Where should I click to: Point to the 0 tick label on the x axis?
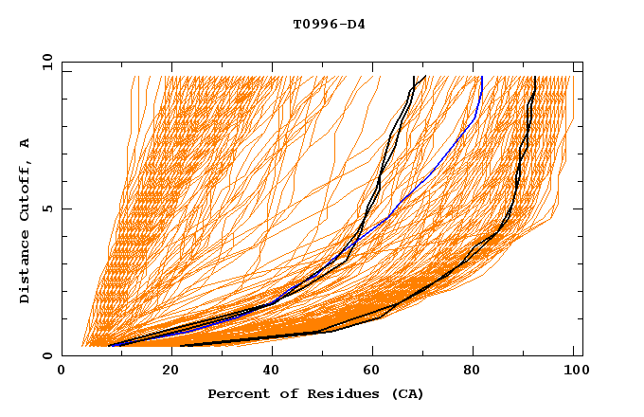[x=62, y=372]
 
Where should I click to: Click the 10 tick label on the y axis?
[x=45, y=62]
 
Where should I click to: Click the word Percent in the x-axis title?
[x=237, y=394]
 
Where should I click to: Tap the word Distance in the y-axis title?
[x=26, y=265]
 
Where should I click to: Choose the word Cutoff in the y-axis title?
[x=26, y=189]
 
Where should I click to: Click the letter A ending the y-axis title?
[x=26, y=142]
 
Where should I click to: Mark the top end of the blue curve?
[x=481, y=77]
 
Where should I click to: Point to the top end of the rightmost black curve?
[x=535, y=77]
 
